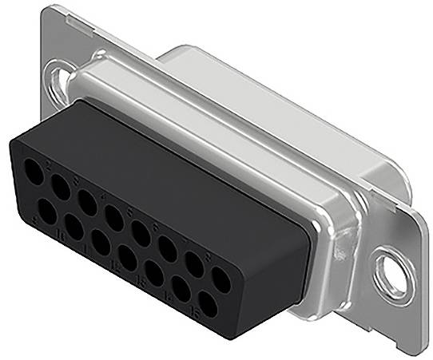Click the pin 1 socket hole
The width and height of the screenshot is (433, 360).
[34, 172]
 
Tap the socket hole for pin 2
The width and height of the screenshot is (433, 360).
[60, 187]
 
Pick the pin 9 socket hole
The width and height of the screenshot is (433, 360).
[47, 212]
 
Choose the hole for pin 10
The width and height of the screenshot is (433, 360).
[73, 227]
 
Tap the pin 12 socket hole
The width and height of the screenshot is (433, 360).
[127, 257]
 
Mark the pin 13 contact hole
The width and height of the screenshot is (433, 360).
[154, 273]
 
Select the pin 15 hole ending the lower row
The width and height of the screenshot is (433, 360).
[208, 305]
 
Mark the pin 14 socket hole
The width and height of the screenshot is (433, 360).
[181, 289]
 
